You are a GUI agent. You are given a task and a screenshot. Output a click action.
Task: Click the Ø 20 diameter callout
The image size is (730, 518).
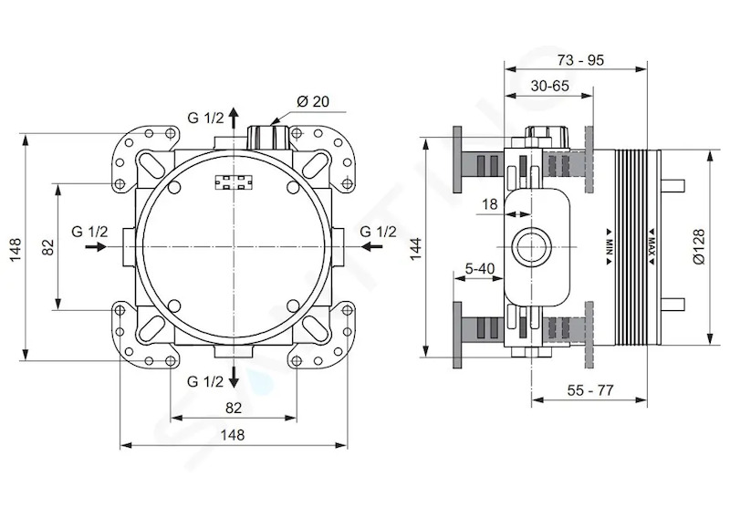coord(312,101)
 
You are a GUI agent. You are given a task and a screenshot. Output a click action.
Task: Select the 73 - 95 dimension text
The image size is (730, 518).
coord(579,60)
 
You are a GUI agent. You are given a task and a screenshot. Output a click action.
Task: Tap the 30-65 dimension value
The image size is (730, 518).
coord(550,86)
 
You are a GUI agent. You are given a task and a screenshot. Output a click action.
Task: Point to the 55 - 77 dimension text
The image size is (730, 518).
coord(590,390)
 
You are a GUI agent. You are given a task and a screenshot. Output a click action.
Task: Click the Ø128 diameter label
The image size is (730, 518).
coord(698,246)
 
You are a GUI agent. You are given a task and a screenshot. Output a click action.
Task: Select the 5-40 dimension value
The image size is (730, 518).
coord(480,268)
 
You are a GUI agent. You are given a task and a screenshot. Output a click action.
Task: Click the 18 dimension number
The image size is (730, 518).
coord(490,204)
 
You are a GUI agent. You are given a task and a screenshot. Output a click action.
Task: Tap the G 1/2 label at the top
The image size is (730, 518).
coord(206,118)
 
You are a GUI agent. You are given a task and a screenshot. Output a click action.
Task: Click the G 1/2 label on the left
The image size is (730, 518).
coord(89,231)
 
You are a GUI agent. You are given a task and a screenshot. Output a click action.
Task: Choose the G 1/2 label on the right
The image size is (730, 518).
coord(379,231)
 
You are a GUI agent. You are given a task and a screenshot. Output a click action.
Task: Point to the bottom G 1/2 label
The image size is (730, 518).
coord(205,381)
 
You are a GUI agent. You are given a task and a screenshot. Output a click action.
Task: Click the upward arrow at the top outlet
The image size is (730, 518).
coord(234,117)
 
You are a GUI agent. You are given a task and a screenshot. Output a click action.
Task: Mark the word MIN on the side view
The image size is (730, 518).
coord(609,246)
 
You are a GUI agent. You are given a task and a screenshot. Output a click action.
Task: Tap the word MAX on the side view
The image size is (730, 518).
coord(652,246)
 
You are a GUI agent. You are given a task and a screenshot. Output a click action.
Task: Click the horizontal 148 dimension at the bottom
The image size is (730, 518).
coord(233,435)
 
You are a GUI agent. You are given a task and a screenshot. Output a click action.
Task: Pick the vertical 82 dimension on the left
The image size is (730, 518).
coord(48,246)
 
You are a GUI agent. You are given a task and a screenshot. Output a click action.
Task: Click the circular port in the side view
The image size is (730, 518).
coord(531,246)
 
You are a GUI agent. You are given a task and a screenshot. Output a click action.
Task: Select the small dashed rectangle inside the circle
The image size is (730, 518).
coord(235,182)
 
